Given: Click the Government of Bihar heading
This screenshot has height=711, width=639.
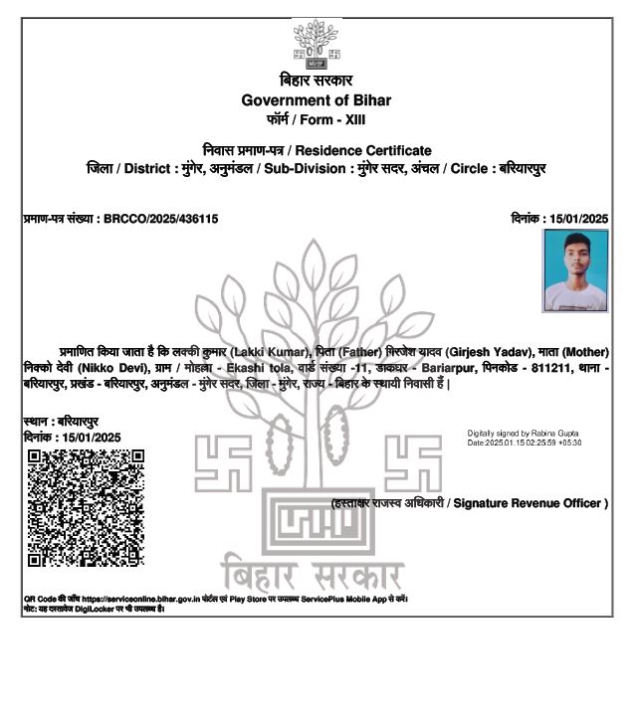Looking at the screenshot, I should (317, 99).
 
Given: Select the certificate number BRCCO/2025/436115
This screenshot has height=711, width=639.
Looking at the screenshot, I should (160, 218).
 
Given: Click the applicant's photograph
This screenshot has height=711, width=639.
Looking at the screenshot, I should (575, 270).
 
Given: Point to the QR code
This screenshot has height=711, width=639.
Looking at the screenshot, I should (86, 507).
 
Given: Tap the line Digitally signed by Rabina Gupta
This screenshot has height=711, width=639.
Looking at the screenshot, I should (525, 434).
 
